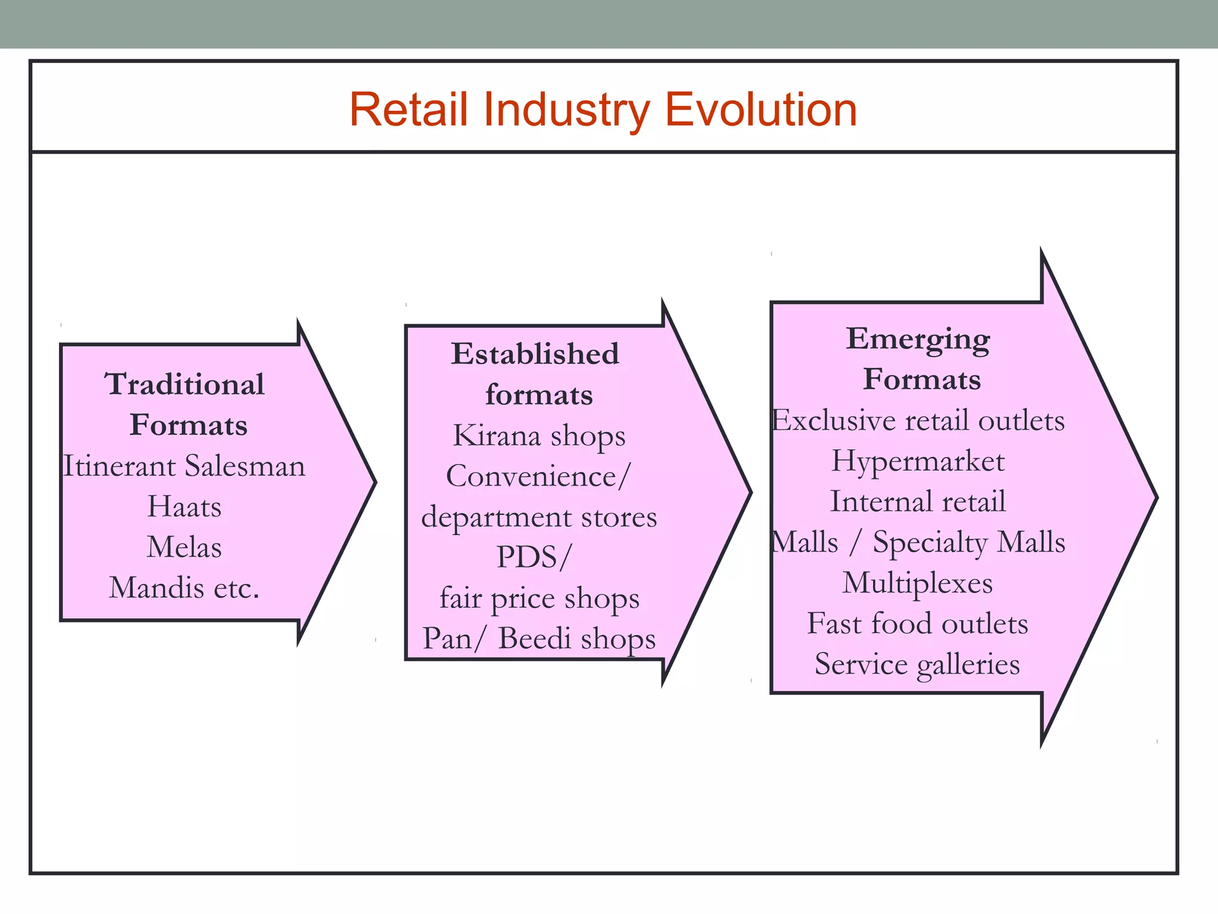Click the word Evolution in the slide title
click(x=761, y=110)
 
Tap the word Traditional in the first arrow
click(x=185, y=384)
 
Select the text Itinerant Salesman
click(x=184, y=466)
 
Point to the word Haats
click(x=184, y=507)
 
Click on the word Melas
click(x=184, y=547)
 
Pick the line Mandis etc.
click(x=184, y=589)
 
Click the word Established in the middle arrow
click(x=535, y=354)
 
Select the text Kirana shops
click(x=539, y=436)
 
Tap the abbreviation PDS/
click(x=533, y=558)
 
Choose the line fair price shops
click(x=539, y=599)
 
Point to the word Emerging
click(x=918, y=340)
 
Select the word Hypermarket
click(x=918, y=461)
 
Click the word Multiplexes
click(x=918, y=583)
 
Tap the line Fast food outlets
click(x=918, y=624)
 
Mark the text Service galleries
click(x=918, y=664)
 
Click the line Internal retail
click(x=918, y=502)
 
